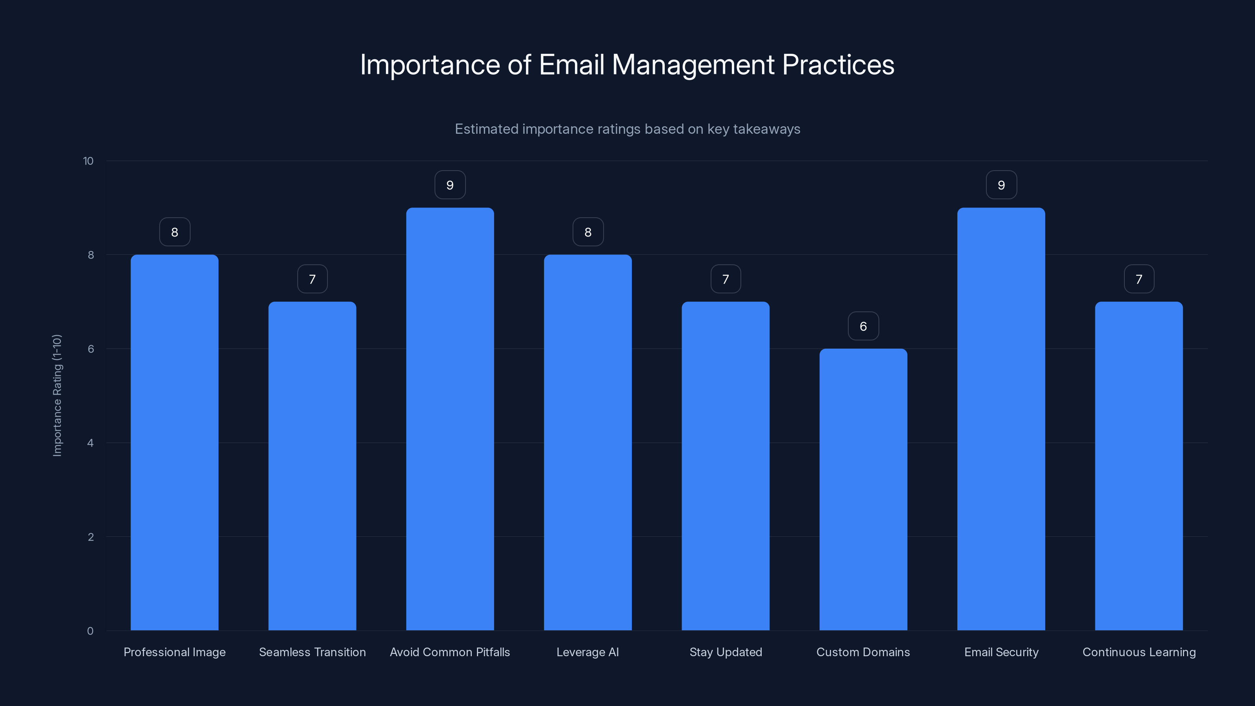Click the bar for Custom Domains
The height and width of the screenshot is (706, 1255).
tap(863, 489)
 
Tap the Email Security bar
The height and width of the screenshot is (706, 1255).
tap(1001, 419)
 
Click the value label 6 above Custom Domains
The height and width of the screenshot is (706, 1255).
tap(863, 326)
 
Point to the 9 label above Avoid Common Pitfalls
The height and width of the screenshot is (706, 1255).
tap(450, 185)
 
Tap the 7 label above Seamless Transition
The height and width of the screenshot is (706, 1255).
tap(312, 279)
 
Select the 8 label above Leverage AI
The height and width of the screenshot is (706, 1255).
tap(587, 232)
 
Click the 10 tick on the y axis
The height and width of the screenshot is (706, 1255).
tap(88, 161)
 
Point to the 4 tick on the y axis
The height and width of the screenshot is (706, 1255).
tap(90, 443)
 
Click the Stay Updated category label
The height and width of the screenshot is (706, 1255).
tap(726, 652)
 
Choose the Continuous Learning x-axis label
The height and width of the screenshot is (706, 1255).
tap(1139, 652)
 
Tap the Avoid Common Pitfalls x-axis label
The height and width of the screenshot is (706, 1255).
tap(450, 652)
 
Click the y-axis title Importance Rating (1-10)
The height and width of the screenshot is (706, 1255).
tap(57, 395)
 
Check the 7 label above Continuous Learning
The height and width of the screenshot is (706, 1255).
tap(1139, 279)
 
